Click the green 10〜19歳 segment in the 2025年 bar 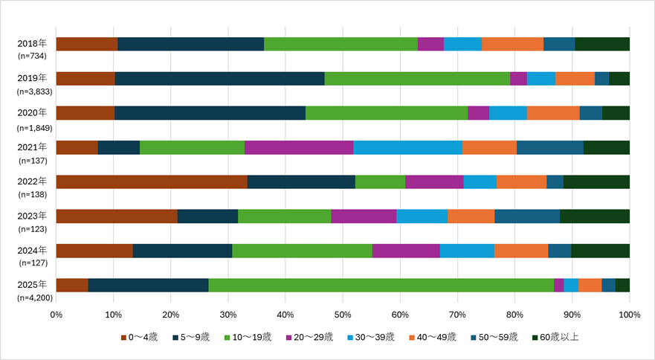click(381, 285)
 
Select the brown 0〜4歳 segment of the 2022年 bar click(152, 181)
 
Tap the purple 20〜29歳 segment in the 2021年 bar click(299, 147)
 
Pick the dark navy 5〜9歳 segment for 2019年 click(219, 79)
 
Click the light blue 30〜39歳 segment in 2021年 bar click(407, 147)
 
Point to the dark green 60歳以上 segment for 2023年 click(595, 216)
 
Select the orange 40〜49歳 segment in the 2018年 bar click(512, 44)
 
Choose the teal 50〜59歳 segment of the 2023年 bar click(527, 216)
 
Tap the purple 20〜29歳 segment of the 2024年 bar click(406, 251)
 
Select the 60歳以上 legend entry click(555, 337)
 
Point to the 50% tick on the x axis click(343, 314)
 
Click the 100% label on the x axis click(629, 314)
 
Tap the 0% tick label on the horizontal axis click(57, 314)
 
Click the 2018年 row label click(32, 43)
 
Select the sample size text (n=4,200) click(33, 298)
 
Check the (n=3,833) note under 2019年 click(33, 91)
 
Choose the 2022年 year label click(32, 181)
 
